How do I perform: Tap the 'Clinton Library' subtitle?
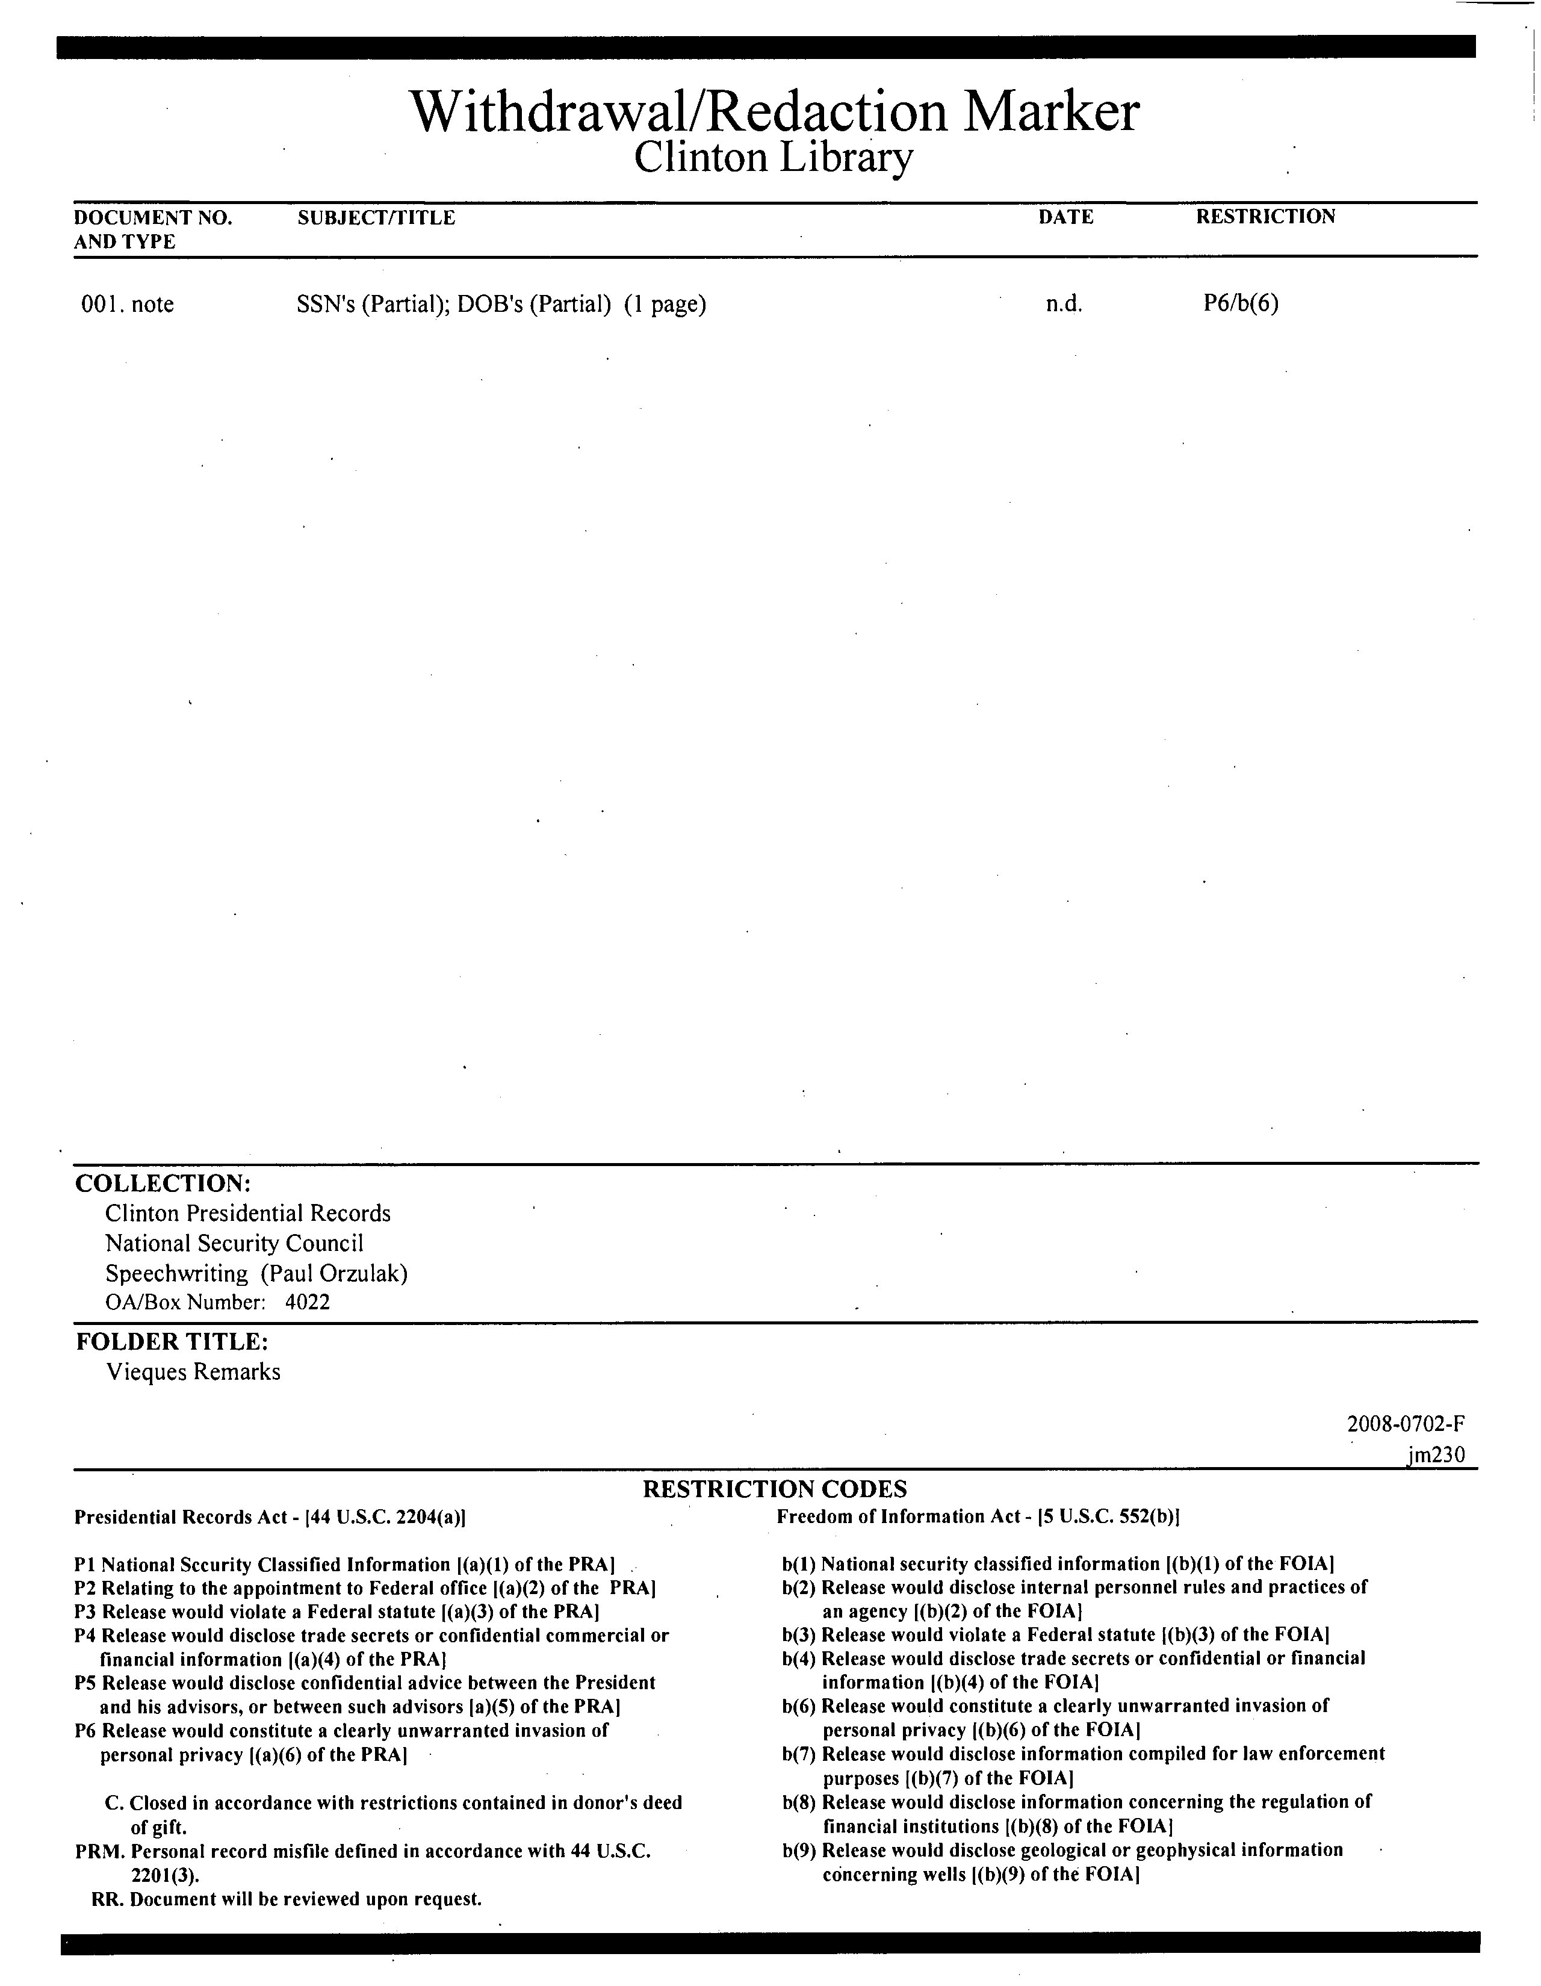(x=773, y=158)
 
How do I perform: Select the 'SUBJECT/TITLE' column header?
(x=376, y=217)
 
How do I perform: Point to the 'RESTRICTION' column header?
(x=1265, y=217)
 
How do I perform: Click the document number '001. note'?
(x=127, y=304)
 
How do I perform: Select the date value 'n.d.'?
(x=1064, y=304)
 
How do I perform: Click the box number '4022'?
(x=307, y=1302)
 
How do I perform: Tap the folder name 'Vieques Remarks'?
(x=194, y=1371)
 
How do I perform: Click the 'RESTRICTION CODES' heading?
(x=775, y=1489)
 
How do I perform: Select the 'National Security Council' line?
(x=235, y=1243)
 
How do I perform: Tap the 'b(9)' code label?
(x=799, y=1849)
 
